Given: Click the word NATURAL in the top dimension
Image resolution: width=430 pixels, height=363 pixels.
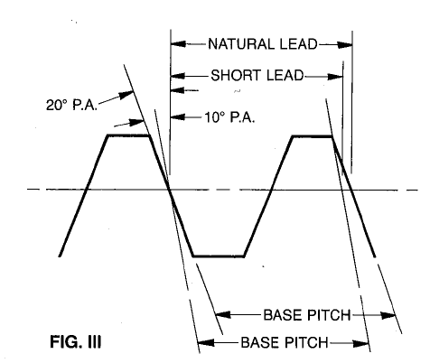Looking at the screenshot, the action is click(242, 44).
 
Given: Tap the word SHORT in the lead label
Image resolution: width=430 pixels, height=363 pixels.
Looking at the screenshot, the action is click(236, 75).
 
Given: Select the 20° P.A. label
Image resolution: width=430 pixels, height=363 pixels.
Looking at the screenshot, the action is click(71, 105).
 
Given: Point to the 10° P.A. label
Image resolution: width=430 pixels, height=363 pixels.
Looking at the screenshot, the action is click(229, 117).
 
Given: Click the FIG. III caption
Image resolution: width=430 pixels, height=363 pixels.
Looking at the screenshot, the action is click(76, 342).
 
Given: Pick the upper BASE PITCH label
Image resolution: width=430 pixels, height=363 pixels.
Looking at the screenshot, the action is click(307, 315).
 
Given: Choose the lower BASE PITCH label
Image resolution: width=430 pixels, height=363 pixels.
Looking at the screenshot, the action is click(285, 342).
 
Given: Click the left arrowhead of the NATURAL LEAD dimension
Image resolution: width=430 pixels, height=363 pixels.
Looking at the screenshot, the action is click(178, 44).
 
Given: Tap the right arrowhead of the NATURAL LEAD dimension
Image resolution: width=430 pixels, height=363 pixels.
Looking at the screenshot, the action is click(345, 45).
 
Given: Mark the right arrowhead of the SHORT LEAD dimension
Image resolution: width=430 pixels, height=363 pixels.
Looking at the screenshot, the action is click(335, 77).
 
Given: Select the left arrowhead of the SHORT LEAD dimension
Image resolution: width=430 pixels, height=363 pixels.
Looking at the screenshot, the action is click(178, 76).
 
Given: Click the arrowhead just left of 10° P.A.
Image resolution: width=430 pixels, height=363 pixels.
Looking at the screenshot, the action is click(178, 116).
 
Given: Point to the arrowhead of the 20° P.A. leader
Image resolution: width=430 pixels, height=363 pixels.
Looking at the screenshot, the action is click(126, 95).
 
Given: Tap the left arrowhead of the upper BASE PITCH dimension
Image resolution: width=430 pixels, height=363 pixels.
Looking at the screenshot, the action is click(223, 315).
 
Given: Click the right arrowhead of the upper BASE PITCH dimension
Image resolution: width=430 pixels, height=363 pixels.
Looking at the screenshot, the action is click(388, 315).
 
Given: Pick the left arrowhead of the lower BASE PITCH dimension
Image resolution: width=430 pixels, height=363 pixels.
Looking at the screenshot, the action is click(206, 342).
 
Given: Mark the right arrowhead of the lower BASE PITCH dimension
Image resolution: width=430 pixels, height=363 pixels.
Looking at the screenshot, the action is click(361, 343).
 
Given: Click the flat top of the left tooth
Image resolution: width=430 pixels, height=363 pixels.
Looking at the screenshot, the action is click(128, 135).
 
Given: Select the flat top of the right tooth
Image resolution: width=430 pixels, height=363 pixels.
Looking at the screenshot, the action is click(313, 136).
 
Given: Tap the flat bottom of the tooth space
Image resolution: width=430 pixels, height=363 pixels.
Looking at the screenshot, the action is click(219, 256).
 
